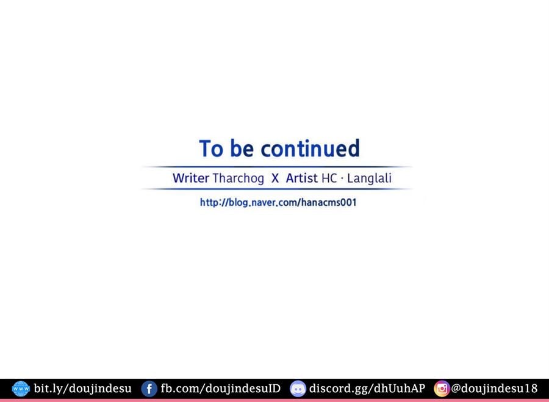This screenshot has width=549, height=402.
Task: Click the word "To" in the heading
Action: point(211,148)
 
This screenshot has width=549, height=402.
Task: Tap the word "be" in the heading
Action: point(242,148)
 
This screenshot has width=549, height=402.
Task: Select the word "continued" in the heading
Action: point(310,148)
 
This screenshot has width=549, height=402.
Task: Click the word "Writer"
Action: point(191,178)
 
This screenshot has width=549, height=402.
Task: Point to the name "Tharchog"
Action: point(238,178)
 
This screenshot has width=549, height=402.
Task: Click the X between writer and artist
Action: point(275,178)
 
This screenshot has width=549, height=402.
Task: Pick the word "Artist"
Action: point(302,178)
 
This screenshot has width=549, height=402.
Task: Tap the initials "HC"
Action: point(329,178)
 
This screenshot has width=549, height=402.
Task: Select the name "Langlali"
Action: point(370,178)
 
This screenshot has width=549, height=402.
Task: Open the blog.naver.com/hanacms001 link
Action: point(278,202)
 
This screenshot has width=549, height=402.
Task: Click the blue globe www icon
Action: point(21,389)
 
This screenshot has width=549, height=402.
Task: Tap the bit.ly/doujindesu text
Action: point(82,389)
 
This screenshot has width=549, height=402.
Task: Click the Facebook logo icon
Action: point(149,389)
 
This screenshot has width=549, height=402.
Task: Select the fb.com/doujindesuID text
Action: point(221,389)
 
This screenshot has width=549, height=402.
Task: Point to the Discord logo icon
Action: point(298,389)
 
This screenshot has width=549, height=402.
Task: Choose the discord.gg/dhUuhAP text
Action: point(367,389)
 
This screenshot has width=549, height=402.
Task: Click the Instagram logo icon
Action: point(442,389)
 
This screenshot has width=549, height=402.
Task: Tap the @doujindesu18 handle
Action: point(494,389)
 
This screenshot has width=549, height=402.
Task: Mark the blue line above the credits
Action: point(276,167)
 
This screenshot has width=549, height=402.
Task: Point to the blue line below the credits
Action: point(276,189)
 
